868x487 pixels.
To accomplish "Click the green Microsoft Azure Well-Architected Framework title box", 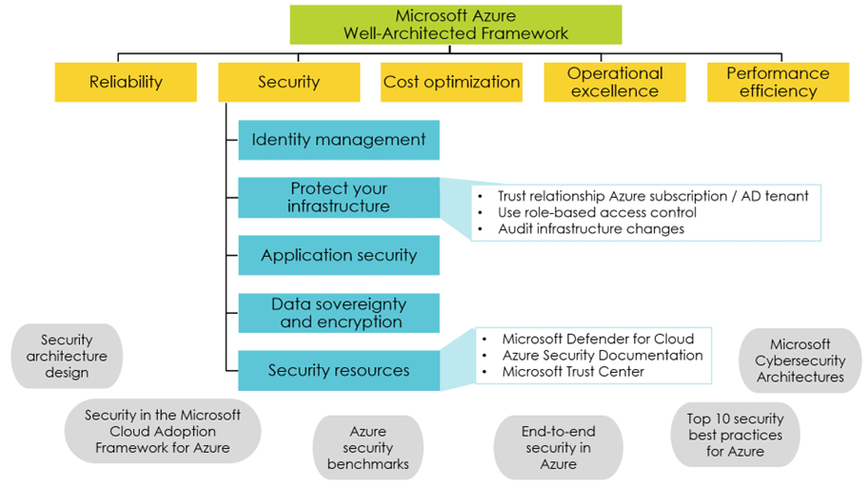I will (456, 25).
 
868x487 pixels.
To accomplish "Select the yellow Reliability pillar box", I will (126, 83).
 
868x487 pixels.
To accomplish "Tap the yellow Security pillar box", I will (288, 83).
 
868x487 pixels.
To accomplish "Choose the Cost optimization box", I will (451, 83).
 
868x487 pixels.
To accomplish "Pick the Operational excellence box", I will (614, 83).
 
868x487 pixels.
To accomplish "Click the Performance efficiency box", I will (778, 83).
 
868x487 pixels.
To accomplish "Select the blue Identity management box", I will (338, 140).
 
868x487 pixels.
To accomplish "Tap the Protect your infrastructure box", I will (338, 197).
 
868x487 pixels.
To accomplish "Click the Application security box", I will (338, 255).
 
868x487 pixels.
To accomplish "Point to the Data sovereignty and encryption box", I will (338, 313).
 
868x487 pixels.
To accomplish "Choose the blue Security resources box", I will (338, 371).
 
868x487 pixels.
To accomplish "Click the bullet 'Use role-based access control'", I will (597, 212).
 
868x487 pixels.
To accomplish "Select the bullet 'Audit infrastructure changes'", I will (591, 228).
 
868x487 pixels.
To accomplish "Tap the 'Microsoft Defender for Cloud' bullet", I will (598, 339).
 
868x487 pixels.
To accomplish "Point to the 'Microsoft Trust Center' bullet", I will (573, 371).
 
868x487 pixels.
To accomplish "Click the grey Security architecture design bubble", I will (67, 356).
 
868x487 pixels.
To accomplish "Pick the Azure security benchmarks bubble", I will (368, 447).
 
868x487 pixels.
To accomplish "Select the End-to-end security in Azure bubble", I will (558, 447).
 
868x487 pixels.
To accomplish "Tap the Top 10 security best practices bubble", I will (735, 434).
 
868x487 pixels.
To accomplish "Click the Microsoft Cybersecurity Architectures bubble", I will (799, 360).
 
